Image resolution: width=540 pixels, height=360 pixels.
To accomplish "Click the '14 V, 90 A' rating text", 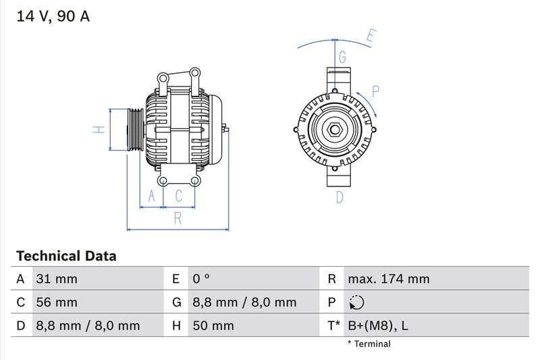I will click(x=53, y=17).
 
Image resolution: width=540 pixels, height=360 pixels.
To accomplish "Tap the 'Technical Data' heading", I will click(x=66, y=256).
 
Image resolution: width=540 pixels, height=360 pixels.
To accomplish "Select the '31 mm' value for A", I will click(x=56, y=279).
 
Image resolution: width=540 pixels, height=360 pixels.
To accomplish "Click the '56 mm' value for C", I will click(x=56, y=303).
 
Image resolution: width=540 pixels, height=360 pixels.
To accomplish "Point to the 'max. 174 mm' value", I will click(x=388, y=279).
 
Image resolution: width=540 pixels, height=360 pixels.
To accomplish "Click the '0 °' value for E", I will click(x=201, y=279).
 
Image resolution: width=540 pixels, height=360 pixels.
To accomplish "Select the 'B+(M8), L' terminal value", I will click(x=377, y=326).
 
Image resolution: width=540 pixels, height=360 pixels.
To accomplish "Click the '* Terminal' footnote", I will click(x=369, y=344).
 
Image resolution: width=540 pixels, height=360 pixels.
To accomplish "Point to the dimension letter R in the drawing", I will click(x=178, y=217).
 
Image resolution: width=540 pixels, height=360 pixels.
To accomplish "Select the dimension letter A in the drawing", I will click(x=152, y=197).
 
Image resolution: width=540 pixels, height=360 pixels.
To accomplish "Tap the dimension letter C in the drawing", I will click(x=179, y=197).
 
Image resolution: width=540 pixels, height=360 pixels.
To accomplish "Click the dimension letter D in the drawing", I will click(x=340, y=197).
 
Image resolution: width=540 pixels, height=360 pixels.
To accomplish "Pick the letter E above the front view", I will click(x=370, y=36).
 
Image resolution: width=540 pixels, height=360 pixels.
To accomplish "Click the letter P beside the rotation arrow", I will click(x=376, y=91).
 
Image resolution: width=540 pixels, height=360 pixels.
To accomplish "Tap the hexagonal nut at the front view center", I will click(x=335, y=130).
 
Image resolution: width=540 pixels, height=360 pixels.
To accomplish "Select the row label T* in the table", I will click(x=333, y=326).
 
